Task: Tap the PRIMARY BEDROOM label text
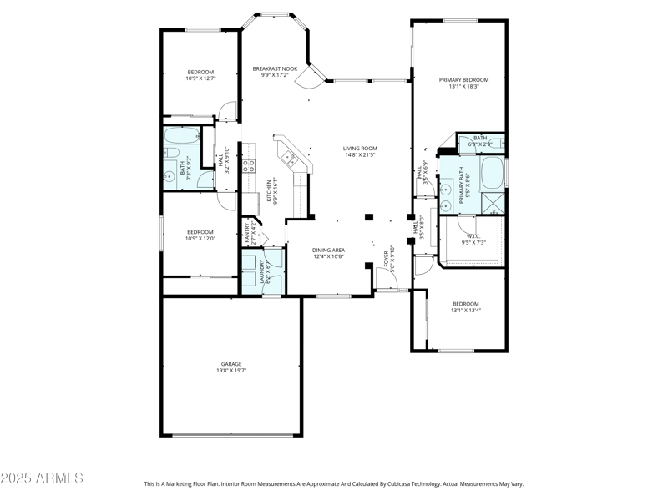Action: tap(464, 79)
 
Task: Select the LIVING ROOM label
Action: tap(360, 149)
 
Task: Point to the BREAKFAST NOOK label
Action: tap(275, 68)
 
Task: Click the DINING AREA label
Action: tap(329, 250)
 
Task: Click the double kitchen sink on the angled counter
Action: tap(290, 155)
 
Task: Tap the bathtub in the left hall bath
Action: tap(180, 135)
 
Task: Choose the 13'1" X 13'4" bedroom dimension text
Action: tap(466, 311)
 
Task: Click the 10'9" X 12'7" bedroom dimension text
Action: tap(200, 78)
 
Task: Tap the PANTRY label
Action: tap(246, 232)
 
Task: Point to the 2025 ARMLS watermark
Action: tap(42, 478)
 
